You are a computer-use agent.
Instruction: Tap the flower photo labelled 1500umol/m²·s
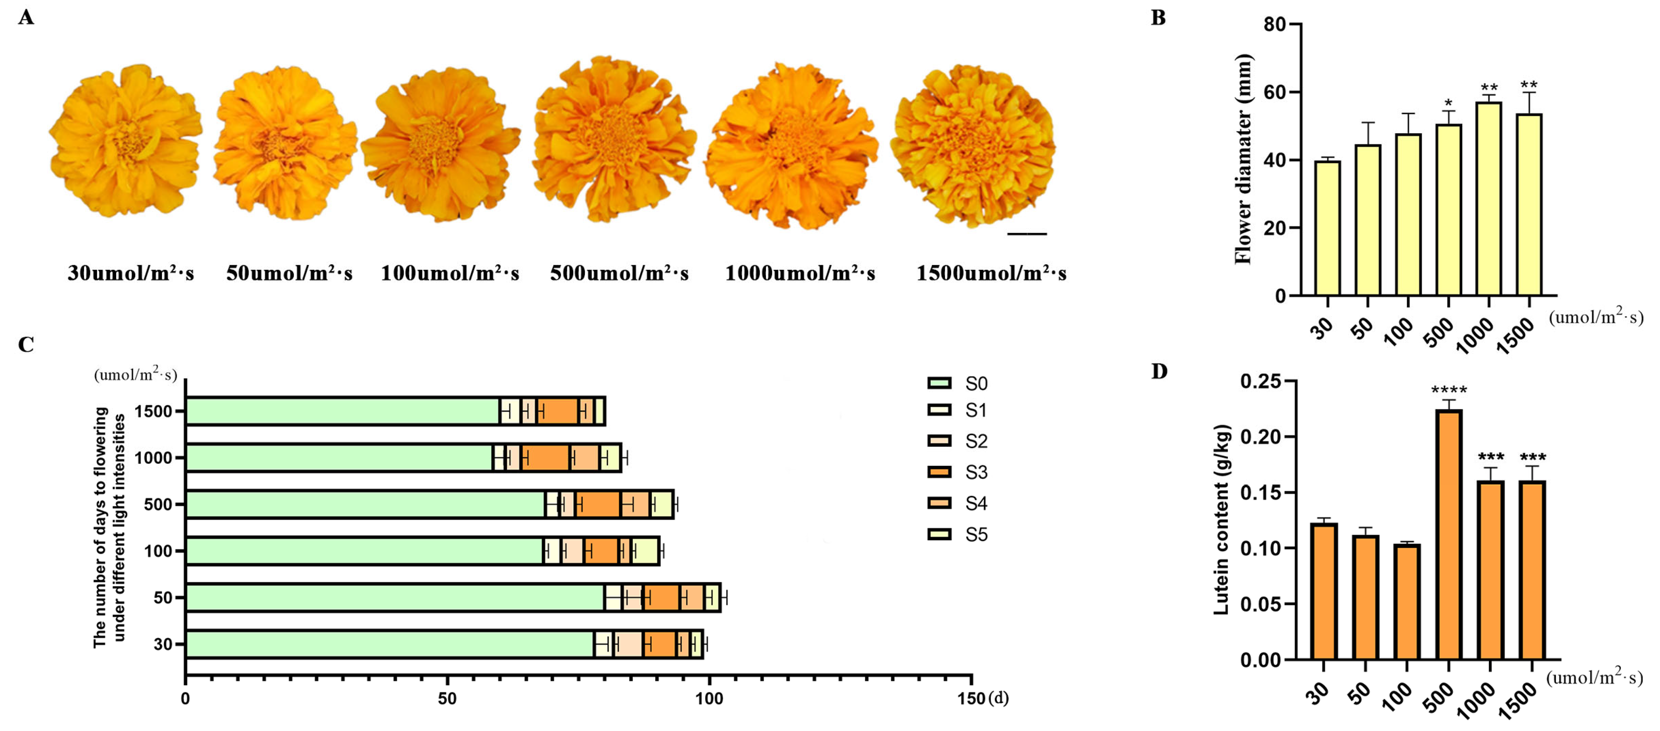point(973,145)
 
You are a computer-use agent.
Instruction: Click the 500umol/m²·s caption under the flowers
point(619,274)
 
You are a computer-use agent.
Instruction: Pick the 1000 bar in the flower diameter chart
point(1489,199)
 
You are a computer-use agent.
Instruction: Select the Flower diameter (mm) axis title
point(1243,159)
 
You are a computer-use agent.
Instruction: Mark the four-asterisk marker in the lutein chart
point(1449,390)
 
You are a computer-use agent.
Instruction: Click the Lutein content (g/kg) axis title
point(1222,519)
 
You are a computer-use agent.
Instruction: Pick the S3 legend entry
point(957,472)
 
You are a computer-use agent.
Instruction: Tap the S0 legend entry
point(957,383)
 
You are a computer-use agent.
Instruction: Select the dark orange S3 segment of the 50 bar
point(661,597)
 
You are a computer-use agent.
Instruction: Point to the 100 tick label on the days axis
point(709,699)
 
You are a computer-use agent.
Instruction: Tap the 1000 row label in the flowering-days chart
point(153,458)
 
